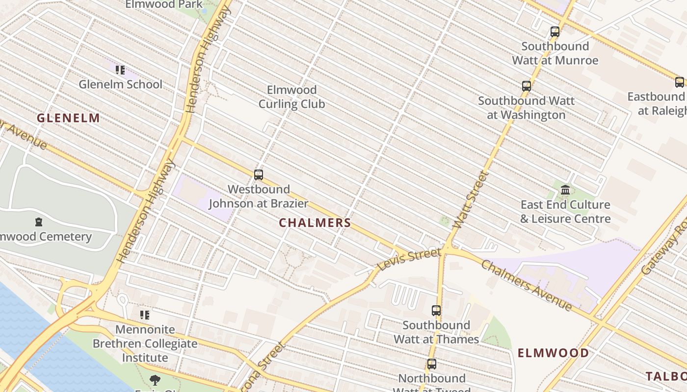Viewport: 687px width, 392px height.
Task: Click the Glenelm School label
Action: click(x=120, y=84)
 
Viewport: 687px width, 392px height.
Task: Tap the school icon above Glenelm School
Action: click(x=120, y=70)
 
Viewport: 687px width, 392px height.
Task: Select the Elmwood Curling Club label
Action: click(x=292, y=97)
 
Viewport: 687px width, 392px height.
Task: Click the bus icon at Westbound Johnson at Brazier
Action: click(x=258, y=175)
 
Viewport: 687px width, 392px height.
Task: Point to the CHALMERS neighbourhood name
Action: click(x=315, y=223)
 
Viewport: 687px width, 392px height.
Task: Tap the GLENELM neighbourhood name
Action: click(x=68, y=118)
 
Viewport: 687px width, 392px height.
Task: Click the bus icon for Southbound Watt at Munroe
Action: click(x=555, y=32)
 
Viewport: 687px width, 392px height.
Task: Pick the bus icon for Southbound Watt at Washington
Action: click(x=527, y=87)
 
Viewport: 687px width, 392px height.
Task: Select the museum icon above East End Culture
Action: click(x=565, y=190)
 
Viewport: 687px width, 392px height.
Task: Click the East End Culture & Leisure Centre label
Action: click(x=565, y=212)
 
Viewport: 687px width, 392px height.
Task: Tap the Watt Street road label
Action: click(x=471, y=200)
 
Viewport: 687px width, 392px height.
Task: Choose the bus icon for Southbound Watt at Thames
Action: click(x=436, y=311)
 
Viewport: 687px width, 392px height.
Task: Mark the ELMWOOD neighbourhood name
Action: click(x=554, y=353)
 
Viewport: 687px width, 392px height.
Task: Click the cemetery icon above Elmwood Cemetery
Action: click(x=39, y=222)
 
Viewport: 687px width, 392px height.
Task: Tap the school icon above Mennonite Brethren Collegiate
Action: click(x=144, y=315)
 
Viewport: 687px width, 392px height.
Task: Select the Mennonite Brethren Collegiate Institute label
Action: click(x=145, y=343)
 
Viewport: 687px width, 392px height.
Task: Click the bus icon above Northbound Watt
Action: click(x=432, y=364)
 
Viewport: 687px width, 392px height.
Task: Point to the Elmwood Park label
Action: click(x=164, y=4)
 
